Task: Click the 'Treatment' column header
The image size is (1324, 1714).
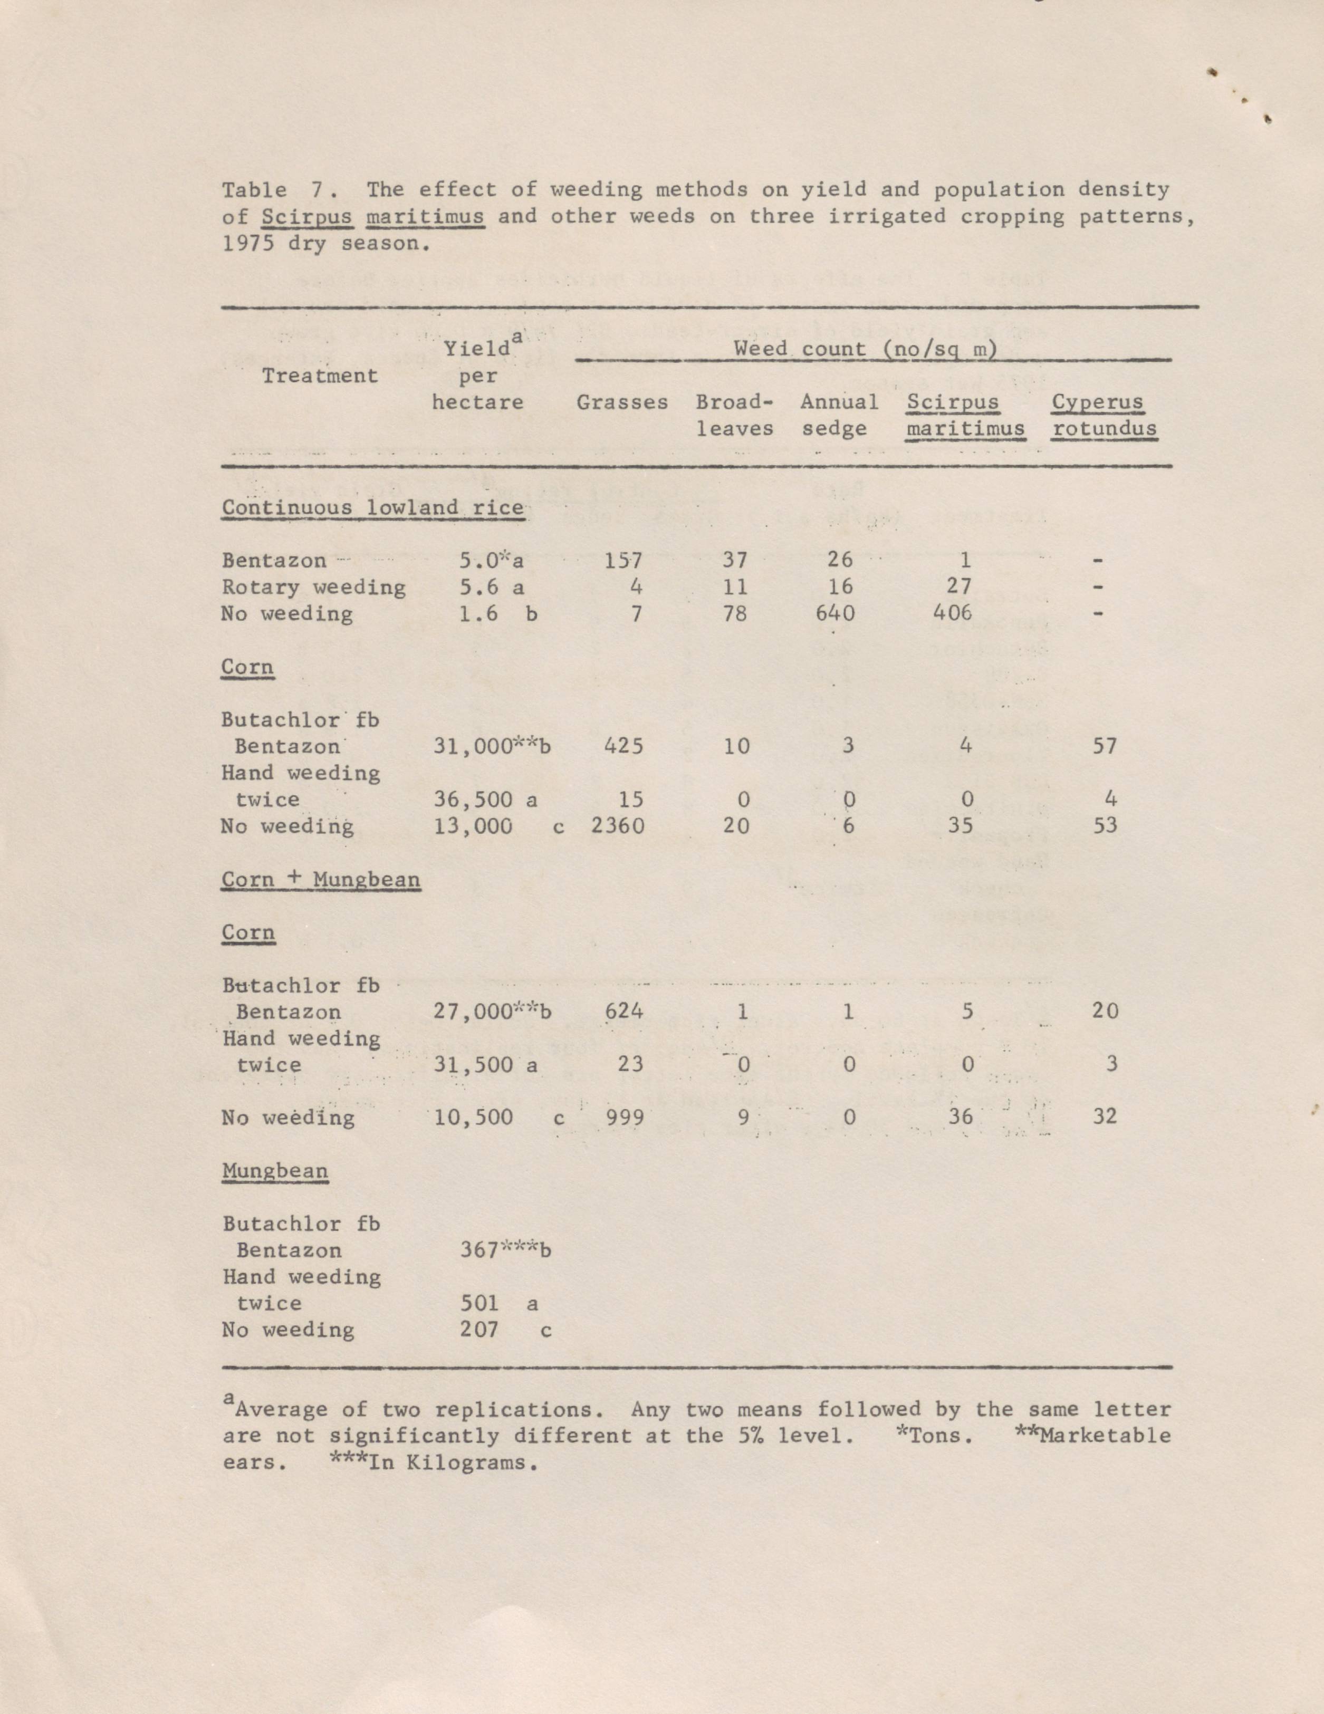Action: click(x=320, y=376)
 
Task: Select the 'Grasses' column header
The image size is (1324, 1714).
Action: click(x=621, y=402)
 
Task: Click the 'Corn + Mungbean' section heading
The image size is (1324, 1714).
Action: click(x=320, y=879)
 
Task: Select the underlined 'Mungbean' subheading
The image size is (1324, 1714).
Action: click(x=275, y=1170)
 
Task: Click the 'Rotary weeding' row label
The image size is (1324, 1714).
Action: click(x=313, y=587)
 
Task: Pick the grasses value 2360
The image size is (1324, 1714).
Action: click(x=618, y=825)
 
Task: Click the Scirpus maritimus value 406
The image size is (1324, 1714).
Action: click(x=952, y=613)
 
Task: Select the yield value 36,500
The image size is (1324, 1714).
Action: click(x=473, y=799)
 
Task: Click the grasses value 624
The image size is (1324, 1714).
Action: click(x=624, y=1011)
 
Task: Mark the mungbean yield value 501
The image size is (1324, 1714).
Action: click(x=479, y=1304)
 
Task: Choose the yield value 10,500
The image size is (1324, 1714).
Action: click(x=473, y=1117)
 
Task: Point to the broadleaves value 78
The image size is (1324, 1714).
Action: click(x=735, y=613)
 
